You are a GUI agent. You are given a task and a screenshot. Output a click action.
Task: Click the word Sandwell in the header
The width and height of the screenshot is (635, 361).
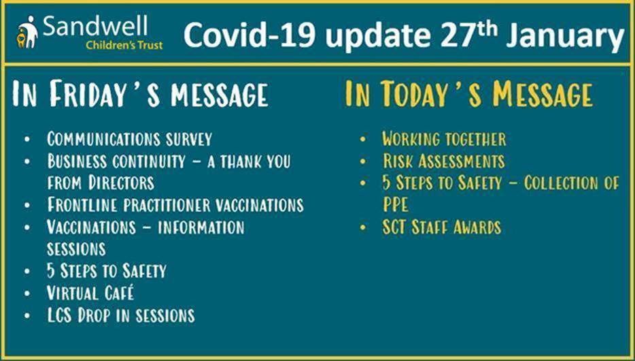[x=95, y=27]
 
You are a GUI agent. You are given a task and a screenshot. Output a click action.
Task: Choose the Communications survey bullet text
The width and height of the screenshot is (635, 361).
[x=129, y=139]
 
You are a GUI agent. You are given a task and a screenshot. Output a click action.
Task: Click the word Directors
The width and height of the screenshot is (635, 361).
[x=122, y=183]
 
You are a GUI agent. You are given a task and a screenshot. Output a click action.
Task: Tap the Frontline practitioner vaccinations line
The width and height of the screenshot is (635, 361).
[x=175, y=205]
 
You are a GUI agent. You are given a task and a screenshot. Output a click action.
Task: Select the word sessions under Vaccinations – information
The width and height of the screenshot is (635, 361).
[x=76, y=249]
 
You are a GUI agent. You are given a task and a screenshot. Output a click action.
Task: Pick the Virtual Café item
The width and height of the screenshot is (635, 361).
[x=90, y=293]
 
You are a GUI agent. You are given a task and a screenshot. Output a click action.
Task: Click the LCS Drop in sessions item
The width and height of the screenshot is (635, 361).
[x=121, y=315]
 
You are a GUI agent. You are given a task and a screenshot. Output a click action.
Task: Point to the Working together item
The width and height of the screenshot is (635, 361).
[x=444, y=139]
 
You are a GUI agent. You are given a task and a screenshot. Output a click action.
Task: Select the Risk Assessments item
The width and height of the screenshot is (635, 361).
[x=444, y=161]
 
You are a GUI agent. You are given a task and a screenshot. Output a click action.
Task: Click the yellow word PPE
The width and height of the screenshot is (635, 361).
[x=396, y=205]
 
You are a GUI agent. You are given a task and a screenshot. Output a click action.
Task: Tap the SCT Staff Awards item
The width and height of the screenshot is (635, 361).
[x=442, y=227]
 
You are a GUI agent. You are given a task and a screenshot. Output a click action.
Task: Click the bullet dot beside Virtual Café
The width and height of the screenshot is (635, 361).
[x=27, y=294]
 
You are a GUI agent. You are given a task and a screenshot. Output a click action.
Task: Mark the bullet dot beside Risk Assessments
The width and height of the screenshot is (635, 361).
[x=363, y=161]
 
